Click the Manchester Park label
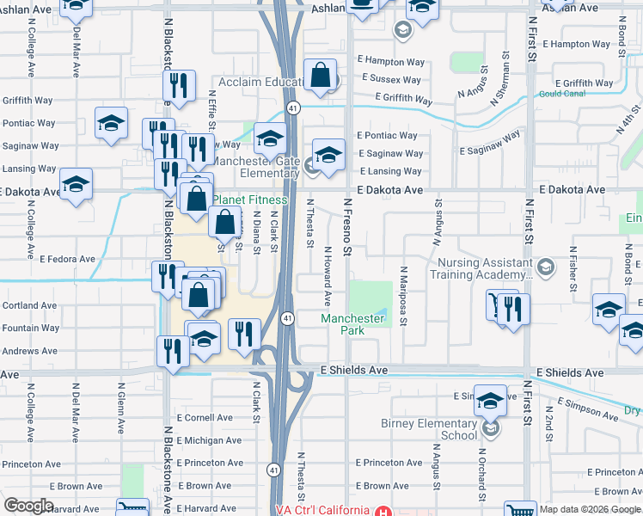352,324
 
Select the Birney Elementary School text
428,429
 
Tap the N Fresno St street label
348,225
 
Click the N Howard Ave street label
328,275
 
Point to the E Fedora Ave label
67,259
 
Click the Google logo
29,506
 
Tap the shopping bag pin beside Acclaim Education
320,76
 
